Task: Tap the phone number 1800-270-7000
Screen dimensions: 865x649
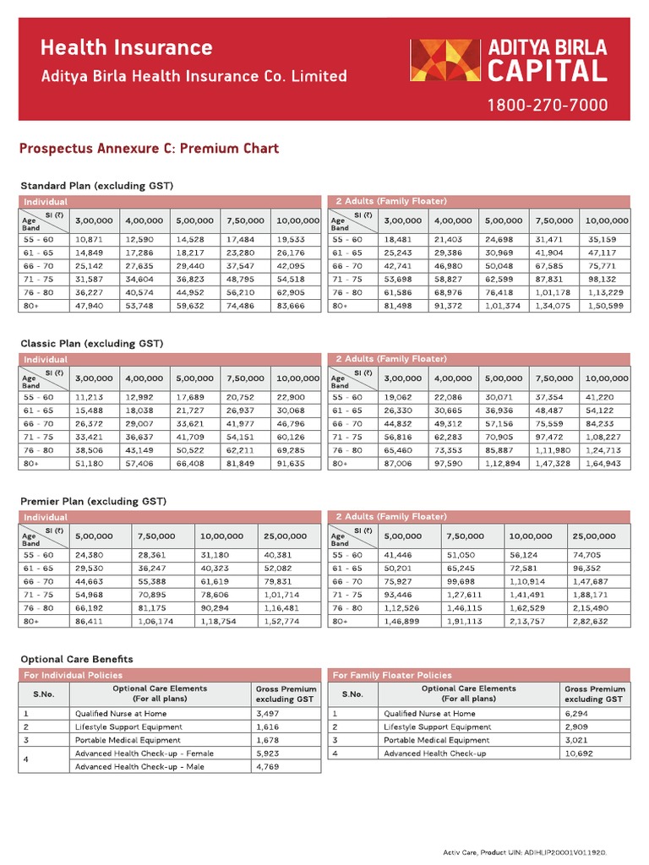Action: pyautogui.click(x=546, y=106)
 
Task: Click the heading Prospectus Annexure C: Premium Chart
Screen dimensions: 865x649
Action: pyautogui.click(x=149, y=149)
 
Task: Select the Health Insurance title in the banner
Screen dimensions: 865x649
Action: pyautogui.click(x=127, y=47)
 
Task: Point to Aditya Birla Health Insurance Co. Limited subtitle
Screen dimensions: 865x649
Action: pyautogui.click(x=194, y=76)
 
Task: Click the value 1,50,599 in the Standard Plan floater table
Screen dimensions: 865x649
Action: pyautogui.click(x=605, y=306)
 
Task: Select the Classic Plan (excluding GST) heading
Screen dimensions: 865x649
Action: pyautogui.click(x=91, y=344)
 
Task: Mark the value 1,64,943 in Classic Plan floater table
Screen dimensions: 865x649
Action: pyautogui.click(x=605, y=464)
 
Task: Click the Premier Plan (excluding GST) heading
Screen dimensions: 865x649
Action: pyautogui.click(x=93, y=502)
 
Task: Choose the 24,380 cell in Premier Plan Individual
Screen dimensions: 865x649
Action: pyautogui.click(x=90, y=555)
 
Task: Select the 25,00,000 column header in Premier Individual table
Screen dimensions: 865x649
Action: pyautogui.click(x=285, y=536)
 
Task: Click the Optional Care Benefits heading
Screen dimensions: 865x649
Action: pyautogui.click(x=76, y=659)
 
